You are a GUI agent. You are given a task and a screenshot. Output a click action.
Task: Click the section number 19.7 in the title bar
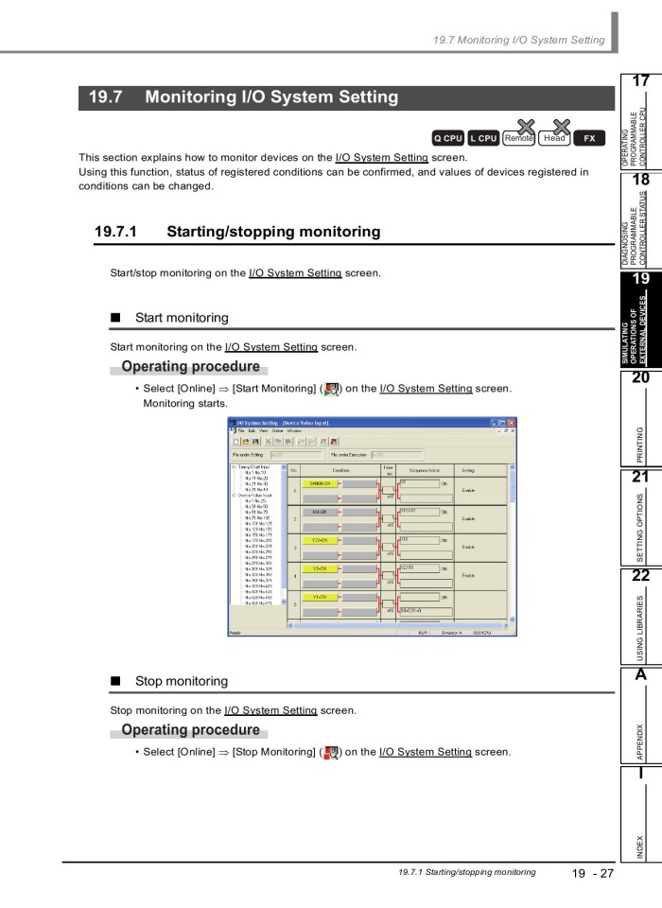click(105, 97)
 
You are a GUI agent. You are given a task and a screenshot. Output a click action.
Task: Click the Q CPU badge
click(447, 138)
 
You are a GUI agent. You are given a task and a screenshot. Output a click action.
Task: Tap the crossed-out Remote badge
click(518, 138)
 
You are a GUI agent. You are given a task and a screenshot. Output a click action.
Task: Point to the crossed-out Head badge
click(554, 138)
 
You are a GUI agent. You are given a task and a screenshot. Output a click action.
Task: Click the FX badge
click(589, 138)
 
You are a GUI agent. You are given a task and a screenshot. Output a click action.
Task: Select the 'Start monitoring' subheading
click(182, 318)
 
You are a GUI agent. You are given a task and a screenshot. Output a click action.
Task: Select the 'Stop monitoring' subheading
click(182, 681)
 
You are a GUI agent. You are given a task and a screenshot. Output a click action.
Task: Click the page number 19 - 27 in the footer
click(592, 873)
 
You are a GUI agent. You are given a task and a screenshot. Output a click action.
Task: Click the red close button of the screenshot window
click(512, 422)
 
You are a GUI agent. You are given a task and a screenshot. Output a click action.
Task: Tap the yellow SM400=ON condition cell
click(321, 482)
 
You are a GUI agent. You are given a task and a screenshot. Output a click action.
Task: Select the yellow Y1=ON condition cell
click(320, 597)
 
